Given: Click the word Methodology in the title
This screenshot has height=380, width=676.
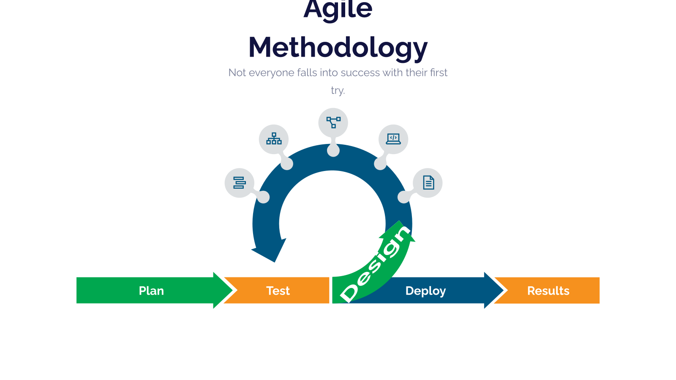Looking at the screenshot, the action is click(338, 48).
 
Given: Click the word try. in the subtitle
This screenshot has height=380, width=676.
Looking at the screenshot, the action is click(338, 90).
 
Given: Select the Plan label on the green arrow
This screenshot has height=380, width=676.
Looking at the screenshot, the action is click(151, 291).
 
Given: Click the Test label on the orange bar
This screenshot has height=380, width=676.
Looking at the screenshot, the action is click(278, 291).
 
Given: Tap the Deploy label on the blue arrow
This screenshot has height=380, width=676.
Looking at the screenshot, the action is click(425, 291).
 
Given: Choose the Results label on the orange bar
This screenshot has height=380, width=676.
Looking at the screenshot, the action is click(548, 291).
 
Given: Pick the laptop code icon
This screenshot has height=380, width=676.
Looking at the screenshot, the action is click(393, 139).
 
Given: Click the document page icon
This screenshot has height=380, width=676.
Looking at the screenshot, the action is click(428, 182).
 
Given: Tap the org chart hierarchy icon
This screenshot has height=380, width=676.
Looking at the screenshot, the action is click(274, 138).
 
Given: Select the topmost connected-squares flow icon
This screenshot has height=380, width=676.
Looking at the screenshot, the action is click(333, 122).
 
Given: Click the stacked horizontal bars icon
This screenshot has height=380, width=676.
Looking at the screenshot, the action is click(239, 183).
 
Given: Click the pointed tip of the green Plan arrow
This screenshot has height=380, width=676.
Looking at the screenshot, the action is click(232, 290).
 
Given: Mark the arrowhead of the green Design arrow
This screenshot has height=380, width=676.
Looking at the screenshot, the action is click(399, 231).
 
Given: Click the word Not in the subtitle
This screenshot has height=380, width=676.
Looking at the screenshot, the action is click(237, 73).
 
